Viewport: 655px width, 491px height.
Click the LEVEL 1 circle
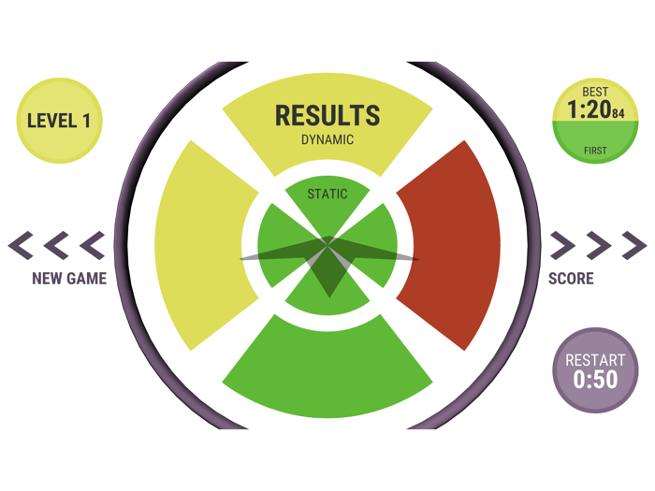click(x=59, y=121)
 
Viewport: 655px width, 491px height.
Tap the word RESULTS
click(x=327, y=116)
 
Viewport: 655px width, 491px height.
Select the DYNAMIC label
click(x=327, y=140)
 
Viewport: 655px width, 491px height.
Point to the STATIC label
click(x=327, y=195)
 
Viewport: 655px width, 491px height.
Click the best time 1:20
click(x=588, y=110)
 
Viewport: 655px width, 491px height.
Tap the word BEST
click(x=595, y=92)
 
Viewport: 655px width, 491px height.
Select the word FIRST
click(x=595, y=151)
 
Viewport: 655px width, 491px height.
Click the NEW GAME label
click(x=69, y=278)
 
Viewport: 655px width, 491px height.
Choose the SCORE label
click(x=571, y=278)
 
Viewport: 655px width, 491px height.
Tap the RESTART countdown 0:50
click(x=595, y=380)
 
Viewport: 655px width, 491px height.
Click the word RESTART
click(x=595, y=361)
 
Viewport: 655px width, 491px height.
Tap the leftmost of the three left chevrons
click(x=22, y=246)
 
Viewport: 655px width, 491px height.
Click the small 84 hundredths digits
click(x=618, y=114)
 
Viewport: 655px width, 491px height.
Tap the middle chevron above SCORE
click(x=598, y=246)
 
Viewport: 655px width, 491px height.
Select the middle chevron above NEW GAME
click(x=57, y=246)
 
